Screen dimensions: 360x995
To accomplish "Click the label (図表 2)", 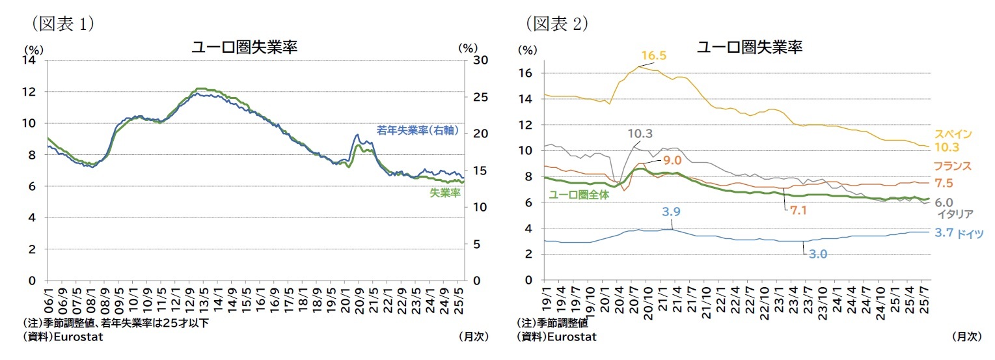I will pos(556,23).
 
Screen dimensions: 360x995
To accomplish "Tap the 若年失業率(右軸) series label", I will pos(417,131).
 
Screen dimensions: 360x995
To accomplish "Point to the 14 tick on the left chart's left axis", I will pos(31,60).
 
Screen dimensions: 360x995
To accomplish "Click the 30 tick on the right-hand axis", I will pos(476,60).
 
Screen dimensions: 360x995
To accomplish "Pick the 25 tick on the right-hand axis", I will pos(476,97).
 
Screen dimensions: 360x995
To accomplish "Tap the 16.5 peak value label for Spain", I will pos(653,56).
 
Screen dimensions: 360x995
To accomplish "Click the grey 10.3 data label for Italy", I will pos(640,133).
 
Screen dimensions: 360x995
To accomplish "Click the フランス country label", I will pos(953,166).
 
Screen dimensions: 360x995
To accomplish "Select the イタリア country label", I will pos(955,214).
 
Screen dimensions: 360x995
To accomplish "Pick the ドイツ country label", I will pos(970,233).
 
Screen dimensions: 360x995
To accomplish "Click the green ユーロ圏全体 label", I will pos(579,195).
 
